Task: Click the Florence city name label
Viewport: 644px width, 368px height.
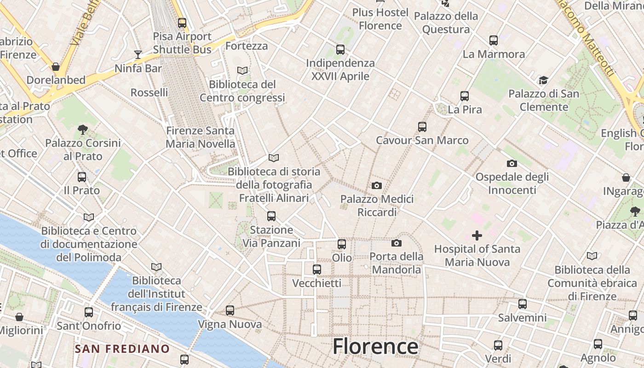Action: coord(375,346)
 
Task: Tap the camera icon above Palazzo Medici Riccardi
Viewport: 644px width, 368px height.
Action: coord(377,185)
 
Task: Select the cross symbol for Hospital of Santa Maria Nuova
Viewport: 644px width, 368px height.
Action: coord(477,236)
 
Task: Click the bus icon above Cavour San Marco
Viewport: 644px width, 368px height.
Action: coord(422,126)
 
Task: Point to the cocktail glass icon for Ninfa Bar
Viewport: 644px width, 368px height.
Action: coord(138,55)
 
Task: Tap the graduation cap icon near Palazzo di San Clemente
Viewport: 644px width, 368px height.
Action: coord(543,80)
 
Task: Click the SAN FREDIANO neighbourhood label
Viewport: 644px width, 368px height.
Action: coord(122,349)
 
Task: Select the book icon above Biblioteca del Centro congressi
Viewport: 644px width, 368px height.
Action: coord(242,70)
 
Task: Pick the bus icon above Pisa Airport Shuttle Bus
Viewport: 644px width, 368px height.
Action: coord(182,23)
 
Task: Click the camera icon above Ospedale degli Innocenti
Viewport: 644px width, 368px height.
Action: coord(512,163)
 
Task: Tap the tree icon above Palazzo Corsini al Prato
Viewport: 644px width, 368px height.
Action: coord(83,130)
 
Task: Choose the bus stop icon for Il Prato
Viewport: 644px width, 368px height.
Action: coord(82,177)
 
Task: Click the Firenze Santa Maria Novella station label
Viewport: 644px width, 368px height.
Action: coord(200,137)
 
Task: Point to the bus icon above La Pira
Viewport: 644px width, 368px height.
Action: coord(465,96)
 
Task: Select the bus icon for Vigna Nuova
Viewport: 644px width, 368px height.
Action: coord(230,310)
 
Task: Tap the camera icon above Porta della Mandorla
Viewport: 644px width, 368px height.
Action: coord(397,243)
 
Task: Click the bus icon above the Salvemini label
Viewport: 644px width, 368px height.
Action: coord(523,304)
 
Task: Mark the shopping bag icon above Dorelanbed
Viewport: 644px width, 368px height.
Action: coord(56,67)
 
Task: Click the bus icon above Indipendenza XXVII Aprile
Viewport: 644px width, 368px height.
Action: coord(340,49)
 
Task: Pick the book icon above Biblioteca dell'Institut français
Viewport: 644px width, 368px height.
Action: coord(156,267)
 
